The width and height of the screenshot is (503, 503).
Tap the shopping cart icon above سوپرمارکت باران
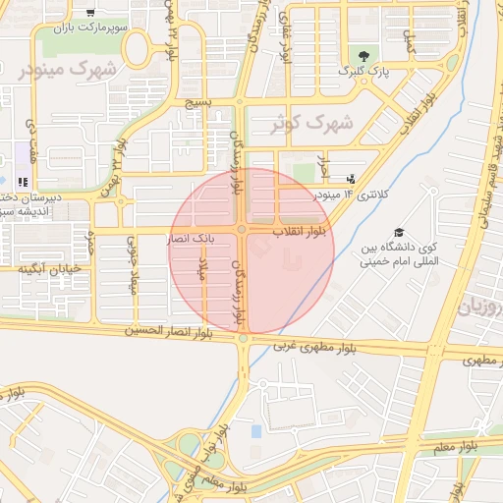(90, 13)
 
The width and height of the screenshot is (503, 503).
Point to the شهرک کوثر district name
(313, 124)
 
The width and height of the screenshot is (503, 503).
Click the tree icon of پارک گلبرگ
(365, 55)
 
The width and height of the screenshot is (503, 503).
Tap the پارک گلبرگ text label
(364, 72)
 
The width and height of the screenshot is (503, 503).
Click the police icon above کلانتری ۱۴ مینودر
(352, 179)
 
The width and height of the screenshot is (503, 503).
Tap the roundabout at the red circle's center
(242, 230)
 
